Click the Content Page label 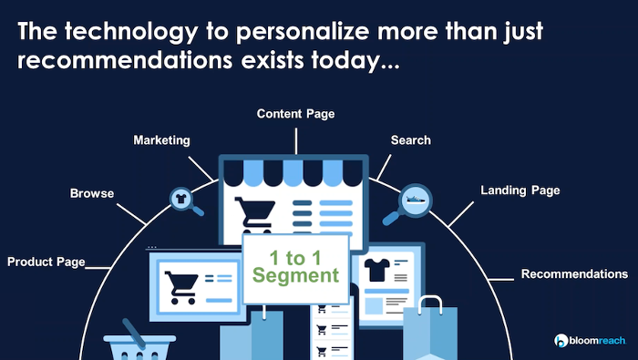295,114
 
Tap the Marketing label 161,140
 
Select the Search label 410,140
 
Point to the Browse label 92,193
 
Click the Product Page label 46,262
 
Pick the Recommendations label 574,273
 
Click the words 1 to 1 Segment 296,265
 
